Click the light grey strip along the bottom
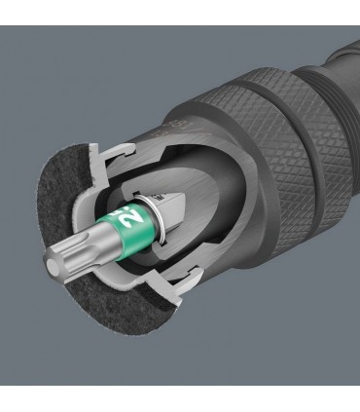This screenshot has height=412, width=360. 180,397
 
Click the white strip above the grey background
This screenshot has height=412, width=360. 180,12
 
